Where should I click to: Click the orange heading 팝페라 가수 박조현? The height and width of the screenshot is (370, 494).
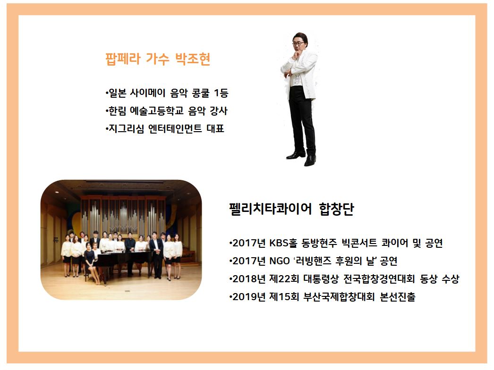click(x=158, y=59)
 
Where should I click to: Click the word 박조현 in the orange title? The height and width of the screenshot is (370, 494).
click(x=193, y=59)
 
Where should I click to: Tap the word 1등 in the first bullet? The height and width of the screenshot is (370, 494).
click(x=221, y=93)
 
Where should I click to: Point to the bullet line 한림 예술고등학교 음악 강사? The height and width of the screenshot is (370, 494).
click(x=166, y=111)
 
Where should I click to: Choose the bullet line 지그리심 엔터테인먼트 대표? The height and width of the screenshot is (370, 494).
click(x=165, y=128)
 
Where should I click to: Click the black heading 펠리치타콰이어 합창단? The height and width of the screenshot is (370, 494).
click(x=292, y=209)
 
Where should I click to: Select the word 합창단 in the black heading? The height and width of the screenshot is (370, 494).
click(x=336, y=209)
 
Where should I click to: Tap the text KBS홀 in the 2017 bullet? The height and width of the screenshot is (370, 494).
click(x=283, y=243)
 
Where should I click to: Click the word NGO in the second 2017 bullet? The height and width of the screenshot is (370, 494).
click(x=280, y=261)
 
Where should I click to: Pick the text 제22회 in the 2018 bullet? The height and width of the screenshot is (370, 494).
click(x=284, y=279)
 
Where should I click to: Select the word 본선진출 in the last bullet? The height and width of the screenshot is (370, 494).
click(x=398, y=297)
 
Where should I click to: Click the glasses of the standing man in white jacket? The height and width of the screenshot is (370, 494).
click(x=298, y=43)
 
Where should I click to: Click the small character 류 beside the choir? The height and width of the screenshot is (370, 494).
click(x=56, y=240)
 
